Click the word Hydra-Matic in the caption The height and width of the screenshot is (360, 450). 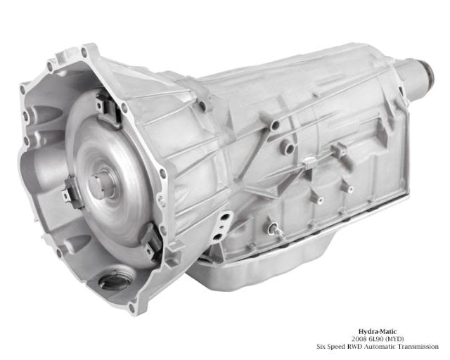[x=378, y=332]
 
